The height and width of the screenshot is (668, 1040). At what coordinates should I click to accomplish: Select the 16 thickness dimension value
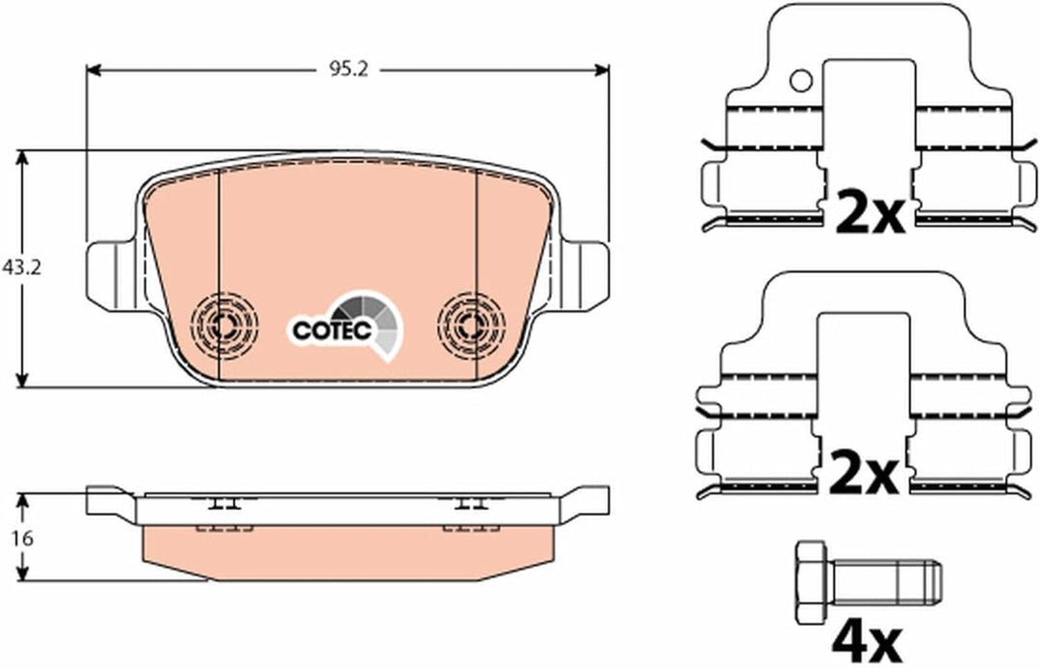point(22,538)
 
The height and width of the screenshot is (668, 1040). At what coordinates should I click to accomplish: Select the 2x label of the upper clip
point(871,211)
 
